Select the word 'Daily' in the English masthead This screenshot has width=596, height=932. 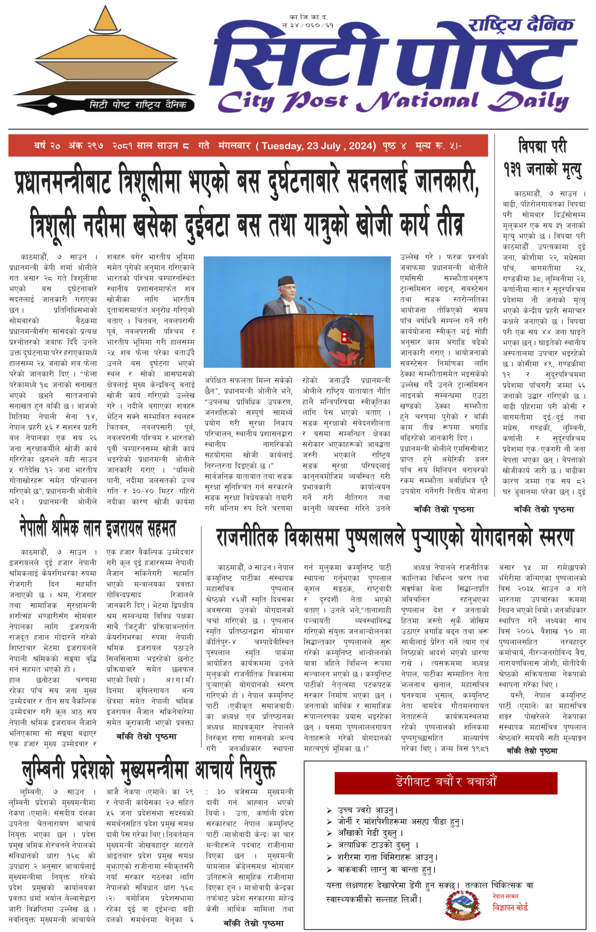pyautogui.click(x=528, y=102)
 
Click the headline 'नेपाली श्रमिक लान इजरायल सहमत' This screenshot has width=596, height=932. pyautogui.click(x=98, y=528)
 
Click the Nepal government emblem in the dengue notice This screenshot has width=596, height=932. pyautogui.click(x=462, y=905)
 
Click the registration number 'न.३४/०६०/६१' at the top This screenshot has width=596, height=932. pyautogui.click(x=308, y=25)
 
